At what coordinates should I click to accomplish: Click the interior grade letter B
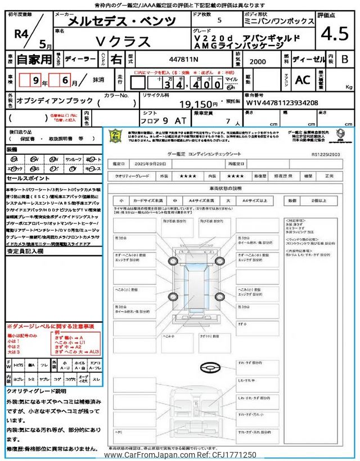(x=345, y=58)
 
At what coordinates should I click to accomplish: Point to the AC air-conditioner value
(x=302, y=80)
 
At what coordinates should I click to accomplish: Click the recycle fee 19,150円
(x=198, y=104)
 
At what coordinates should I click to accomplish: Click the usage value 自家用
(x=29, y=58)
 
